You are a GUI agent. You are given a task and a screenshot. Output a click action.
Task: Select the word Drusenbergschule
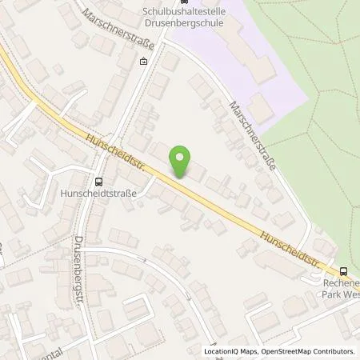(x=190, y=22)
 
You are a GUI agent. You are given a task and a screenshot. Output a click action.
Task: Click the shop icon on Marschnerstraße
(x=143, y=61)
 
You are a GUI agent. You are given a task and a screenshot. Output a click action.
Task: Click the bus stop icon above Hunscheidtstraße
(x=98, y=181)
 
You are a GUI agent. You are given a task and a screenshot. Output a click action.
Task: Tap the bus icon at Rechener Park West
(x=343, y=270)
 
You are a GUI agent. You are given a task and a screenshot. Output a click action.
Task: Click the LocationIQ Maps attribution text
(x=233, y=351)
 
